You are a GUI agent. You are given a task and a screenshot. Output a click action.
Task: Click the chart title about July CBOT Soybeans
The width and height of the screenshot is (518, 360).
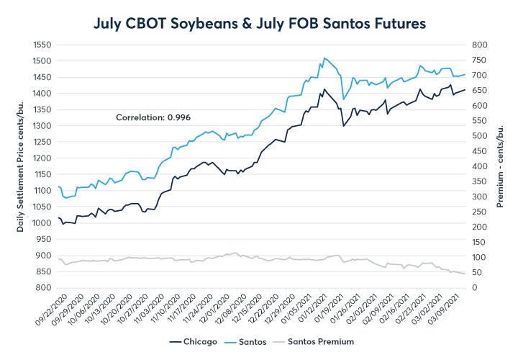[260, 24]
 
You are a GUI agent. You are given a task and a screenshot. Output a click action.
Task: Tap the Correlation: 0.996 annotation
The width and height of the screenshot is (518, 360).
[153, 117]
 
